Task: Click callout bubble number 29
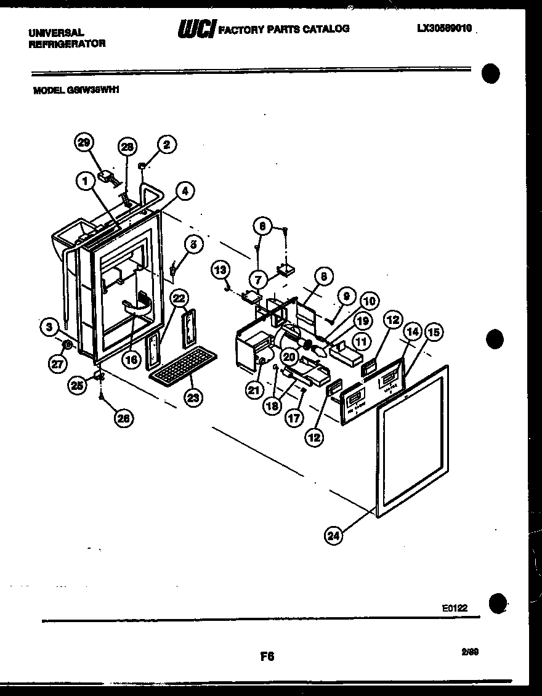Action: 84,143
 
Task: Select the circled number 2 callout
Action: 166,145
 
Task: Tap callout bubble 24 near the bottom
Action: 333,535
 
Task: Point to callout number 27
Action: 57,363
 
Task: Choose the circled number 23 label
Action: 193,398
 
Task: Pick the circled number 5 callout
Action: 193,245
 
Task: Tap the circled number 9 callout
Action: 346,296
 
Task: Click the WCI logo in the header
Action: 196,29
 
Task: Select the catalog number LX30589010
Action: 444,28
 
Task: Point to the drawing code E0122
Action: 455,608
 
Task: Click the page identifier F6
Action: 267,657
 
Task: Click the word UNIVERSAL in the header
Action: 57,32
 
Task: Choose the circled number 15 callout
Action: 434,333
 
